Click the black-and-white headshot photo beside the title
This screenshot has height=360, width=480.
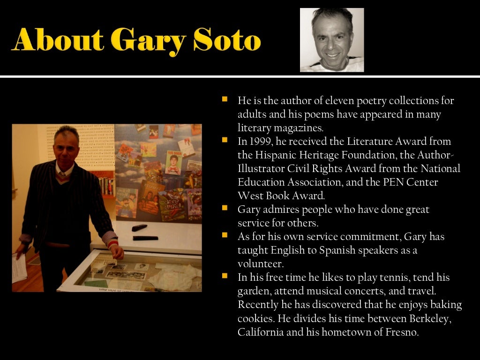[x=332, y=40]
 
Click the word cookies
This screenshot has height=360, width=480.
[x=256, y=319]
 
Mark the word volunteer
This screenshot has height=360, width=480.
[x=259, y=263]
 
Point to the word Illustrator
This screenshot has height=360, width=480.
[x=261, y=168]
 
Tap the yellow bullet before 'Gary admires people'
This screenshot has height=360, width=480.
[x=225, y=207]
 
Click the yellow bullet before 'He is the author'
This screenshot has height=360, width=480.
[x=225, y=99]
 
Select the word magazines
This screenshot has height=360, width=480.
[x=294, y=127]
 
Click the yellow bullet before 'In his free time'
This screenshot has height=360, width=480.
[x=225, y=276]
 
